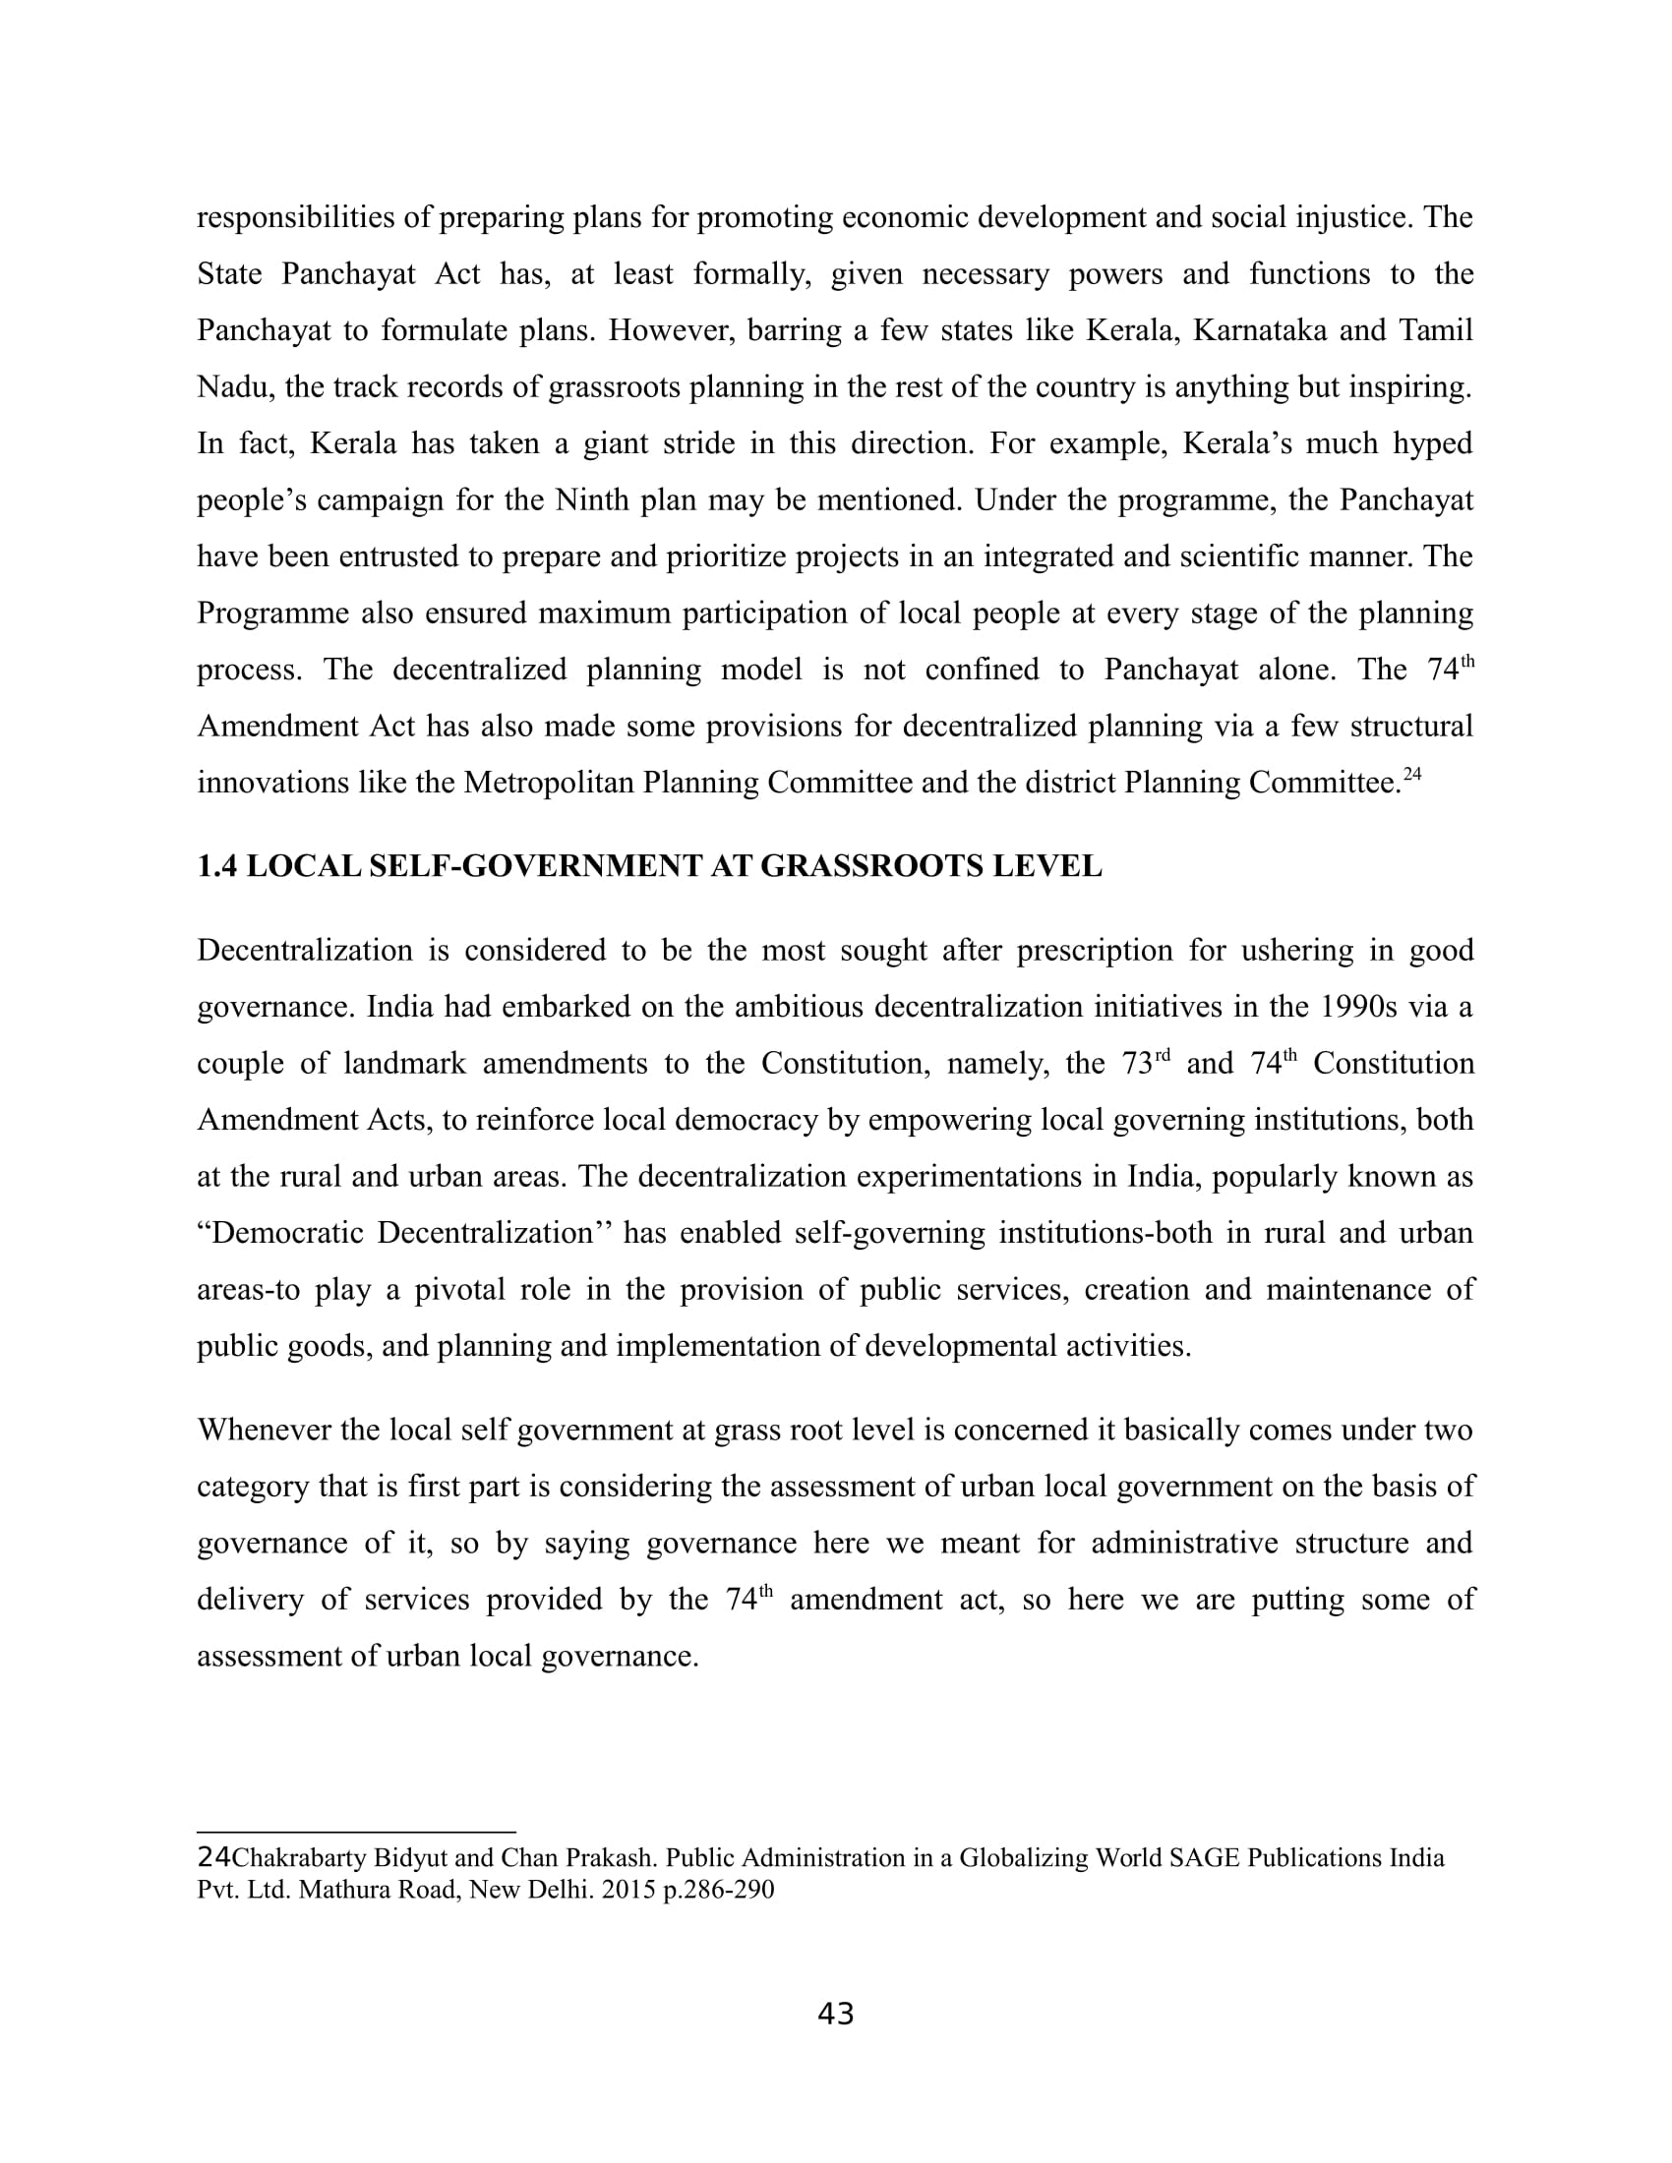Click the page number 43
click(835, 2014)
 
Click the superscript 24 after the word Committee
click(1411, 776)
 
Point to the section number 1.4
click(217, 866)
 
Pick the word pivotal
click(459, 1290)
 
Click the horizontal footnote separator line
click(357, 1833)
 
